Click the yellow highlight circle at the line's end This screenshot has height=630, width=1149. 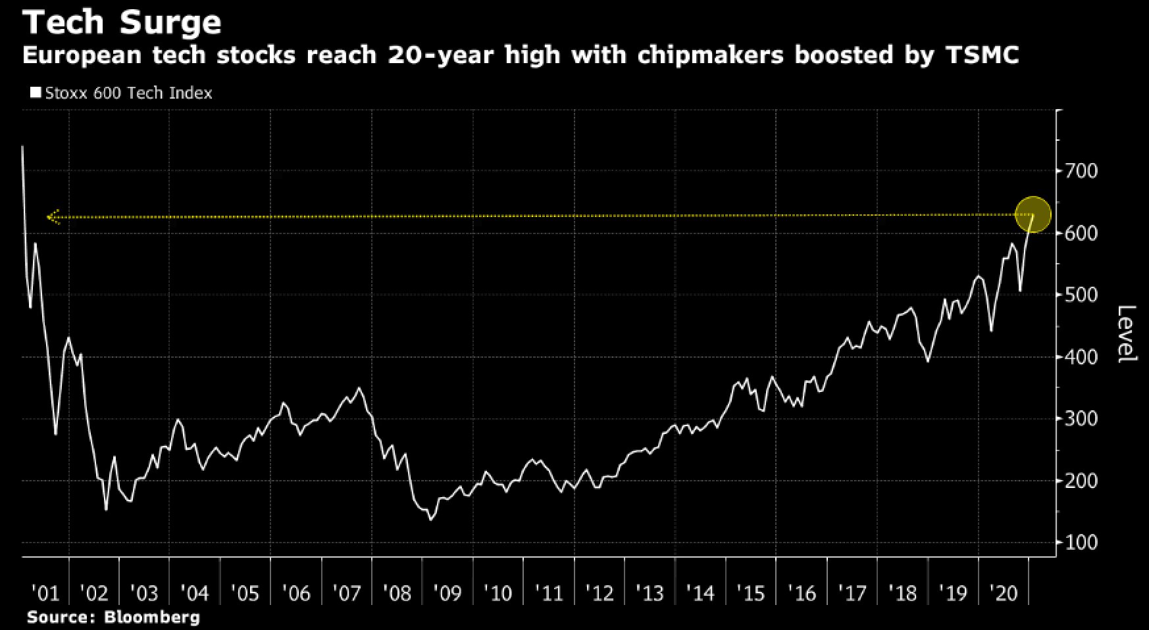tap(1033, 214)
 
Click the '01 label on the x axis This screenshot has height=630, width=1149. tap(45, 594)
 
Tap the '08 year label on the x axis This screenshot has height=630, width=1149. tap(397, 594)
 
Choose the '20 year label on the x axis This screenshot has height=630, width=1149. tap(1004, 594)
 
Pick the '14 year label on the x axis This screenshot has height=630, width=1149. tap(700, 594)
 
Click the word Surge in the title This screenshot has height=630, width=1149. tap(170, 23)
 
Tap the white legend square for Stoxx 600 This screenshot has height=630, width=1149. tap(36, 92)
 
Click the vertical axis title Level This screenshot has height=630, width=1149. tap(1127, 333)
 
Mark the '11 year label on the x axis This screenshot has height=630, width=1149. tap(549, 594)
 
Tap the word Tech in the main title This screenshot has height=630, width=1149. tap(63, 23)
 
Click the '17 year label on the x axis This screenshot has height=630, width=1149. tap(852, 594)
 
